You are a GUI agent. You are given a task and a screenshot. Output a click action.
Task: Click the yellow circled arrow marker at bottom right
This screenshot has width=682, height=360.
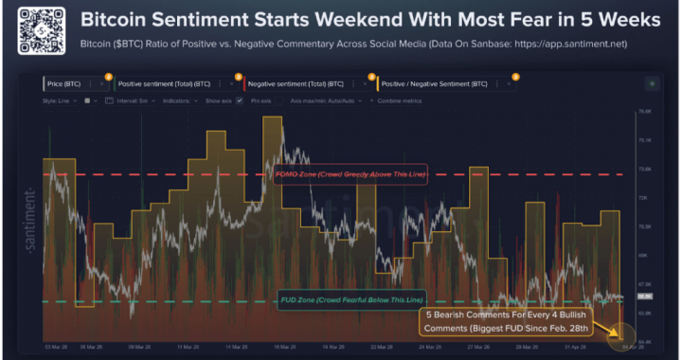click(x=616, y=333)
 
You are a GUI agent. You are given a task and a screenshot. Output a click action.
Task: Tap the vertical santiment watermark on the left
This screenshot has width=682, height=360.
click(x=31, y=218)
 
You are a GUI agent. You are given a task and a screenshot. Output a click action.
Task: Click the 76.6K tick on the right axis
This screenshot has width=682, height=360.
click(x=648, y=112)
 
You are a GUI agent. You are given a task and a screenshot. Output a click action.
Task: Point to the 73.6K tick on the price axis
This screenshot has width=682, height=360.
click(x=648, y=169)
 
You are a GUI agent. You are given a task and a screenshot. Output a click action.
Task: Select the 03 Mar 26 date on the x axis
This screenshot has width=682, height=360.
click(x=53, y=348)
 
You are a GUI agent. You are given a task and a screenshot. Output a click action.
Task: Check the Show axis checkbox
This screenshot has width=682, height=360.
click(x=239, y=99)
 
